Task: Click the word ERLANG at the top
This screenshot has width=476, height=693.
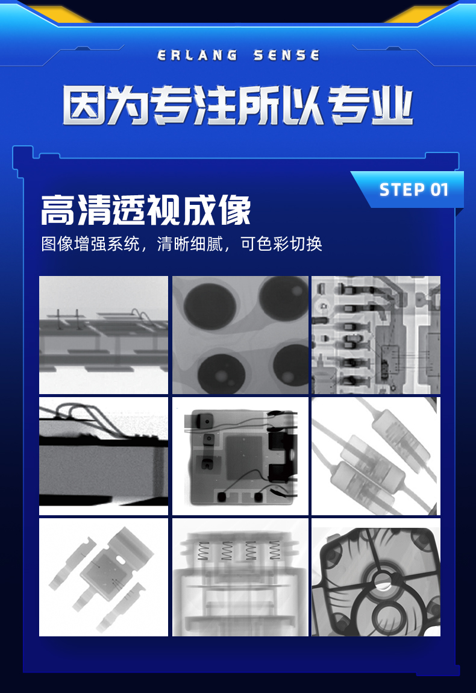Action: (x=197, y=55)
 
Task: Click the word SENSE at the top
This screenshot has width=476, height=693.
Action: (x=286, y=55)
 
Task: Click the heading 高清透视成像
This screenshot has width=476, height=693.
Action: (x=146, y=210)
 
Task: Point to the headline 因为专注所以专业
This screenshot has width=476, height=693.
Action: (x=238, y=105)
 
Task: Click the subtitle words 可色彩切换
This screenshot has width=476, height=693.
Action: (x=281, y=243)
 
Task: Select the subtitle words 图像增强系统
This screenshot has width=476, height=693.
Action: (x=90, y=243)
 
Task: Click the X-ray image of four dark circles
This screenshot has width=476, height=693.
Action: (x=240, y=334)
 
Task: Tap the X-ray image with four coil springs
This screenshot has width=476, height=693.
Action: (x=240, y=577)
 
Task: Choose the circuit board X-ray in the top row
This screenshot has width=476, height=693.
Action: (x=375, y=334)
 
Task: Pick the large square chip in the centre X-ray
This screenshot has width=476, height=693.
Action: (x=246, y=457)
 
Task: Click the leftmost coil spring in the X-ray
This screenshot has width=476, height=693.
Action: (x=203, y=551)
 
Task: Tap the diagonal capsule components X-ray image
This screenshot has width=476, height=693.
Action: (x=375, y=456)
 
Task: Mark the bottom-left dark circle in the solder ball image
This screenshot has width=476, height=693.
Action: (x=222, y=373)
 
